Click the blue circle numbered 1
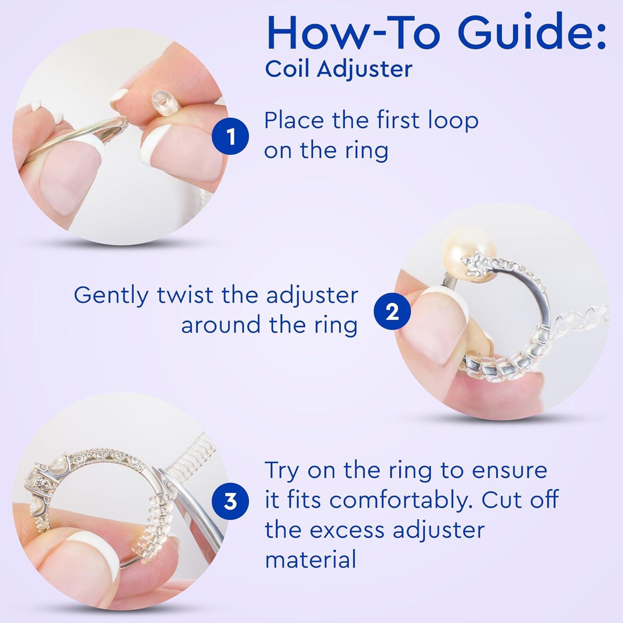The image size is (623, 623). coord(231,137)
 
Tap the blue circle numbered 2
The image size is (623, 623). coord(392,312)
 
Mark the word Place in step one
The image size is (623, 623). coord(294,121)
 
